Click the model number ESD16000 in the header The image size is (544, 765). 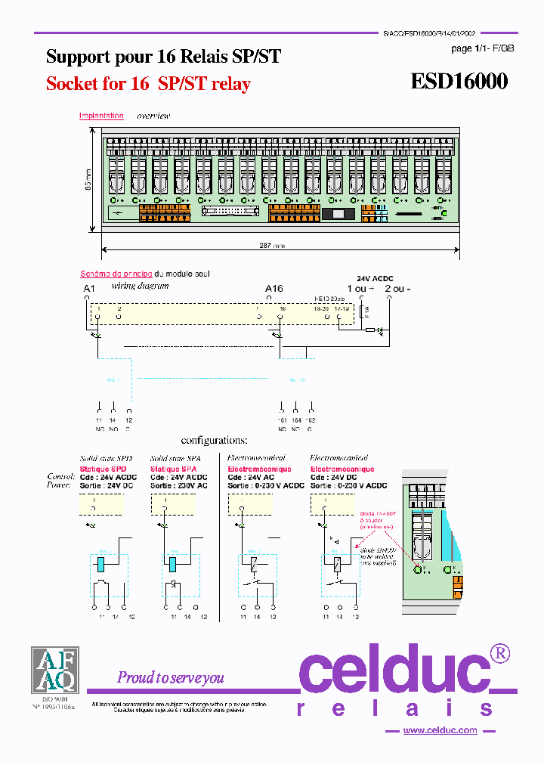point(459,82)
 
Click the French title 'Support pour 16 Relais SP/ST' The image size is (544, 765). point(163,57)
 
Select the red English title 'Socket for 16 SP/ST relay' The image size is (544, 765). point(148,84)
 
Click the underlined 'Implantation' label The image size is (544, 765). point(101,116)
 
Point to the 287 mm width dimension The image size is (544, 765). point(268,246)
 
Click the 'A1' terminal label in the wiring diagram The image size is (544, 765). point(88,289)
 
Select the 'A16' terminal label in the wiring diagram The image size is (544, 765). point(274,289)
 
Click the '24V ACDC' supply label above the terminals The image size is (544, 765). point(375,279)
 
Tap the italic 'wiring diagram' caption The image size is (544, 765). point(140,286)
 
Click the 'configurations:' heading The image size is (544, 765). point(214,440)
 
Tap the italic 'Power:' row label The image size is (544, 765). point(60,486)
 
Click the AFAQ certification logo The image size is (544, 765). point(54,670)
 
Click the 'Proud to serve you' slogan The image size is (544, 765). point(170,677)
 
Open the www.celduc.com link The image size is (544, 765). point(440,730)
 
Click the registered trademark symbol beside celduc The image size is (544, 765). point(500,652)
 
